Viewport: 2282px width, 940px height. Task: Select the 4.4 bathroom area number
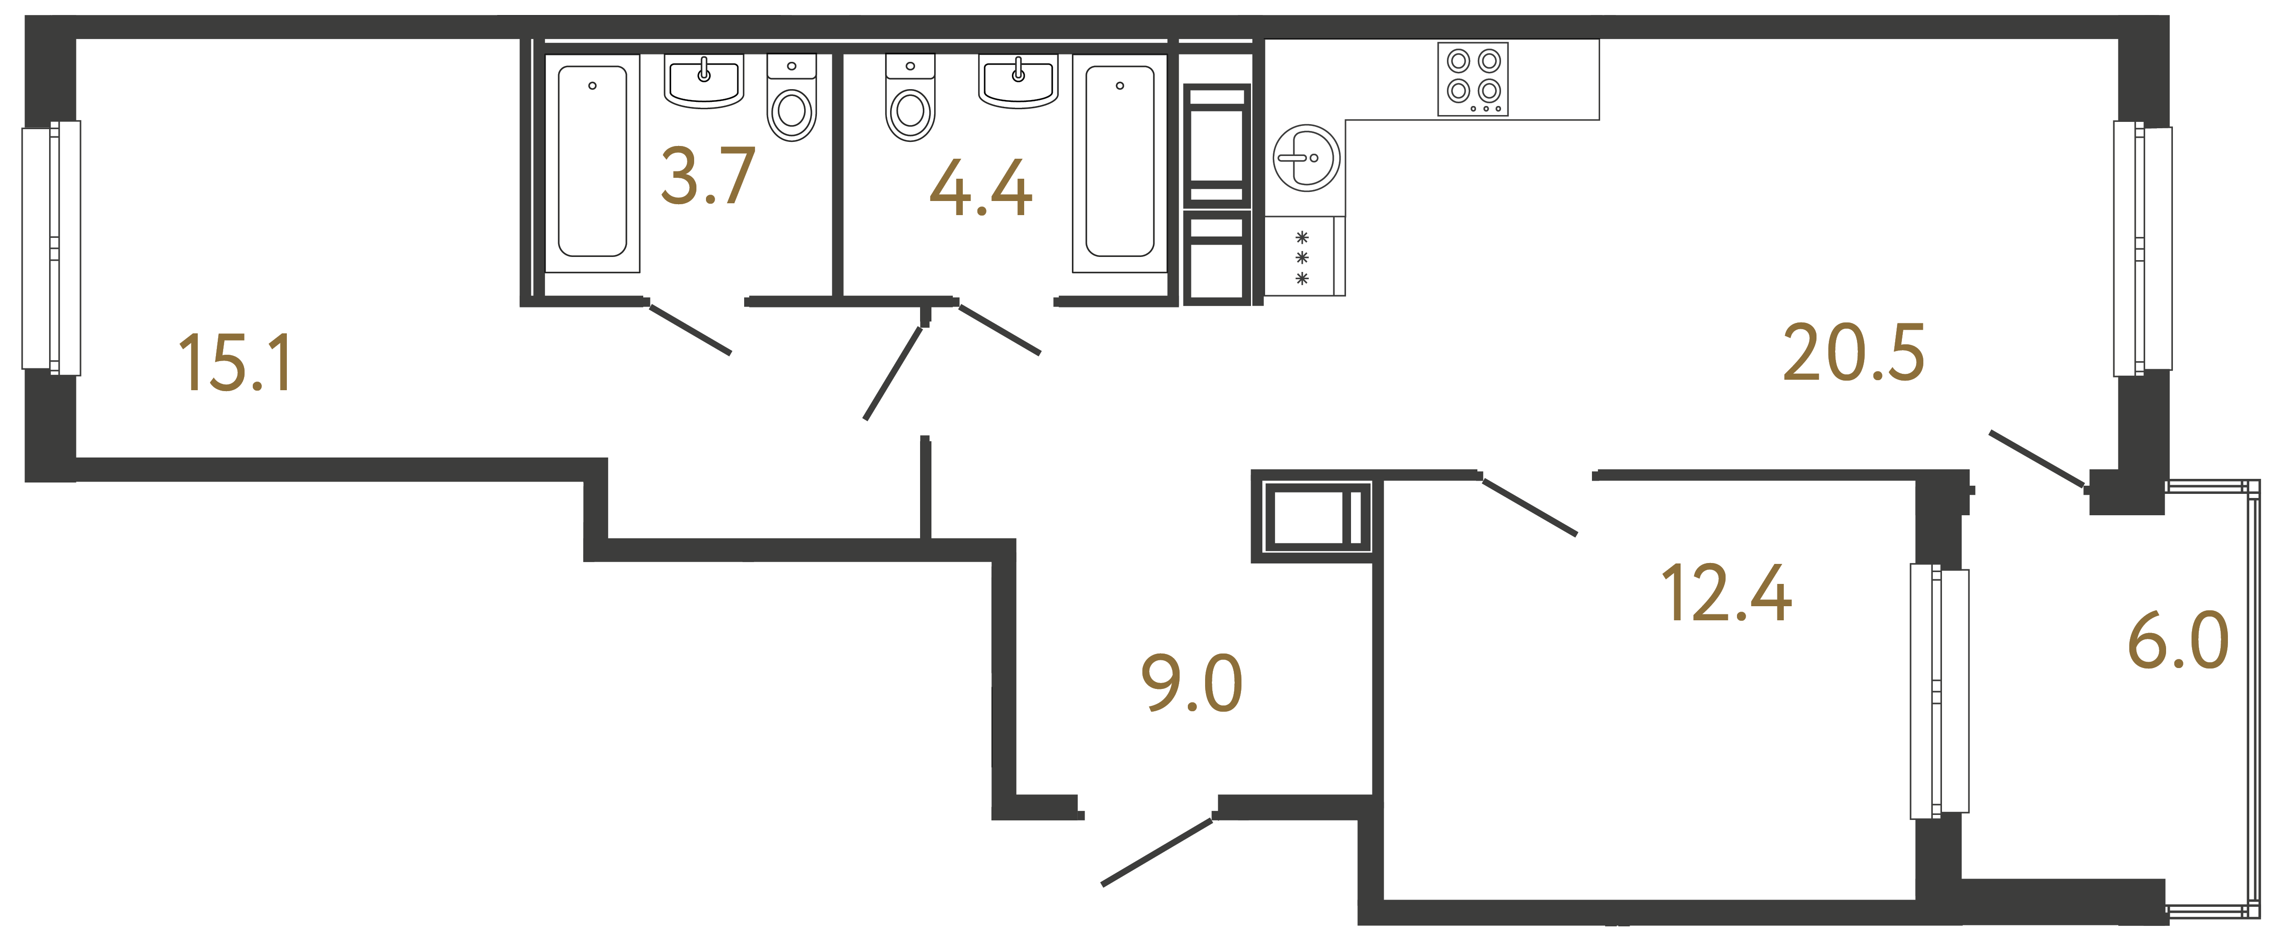coord(981,189)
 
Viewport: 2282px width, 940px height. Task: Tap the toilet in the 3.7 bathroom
coord(791,99)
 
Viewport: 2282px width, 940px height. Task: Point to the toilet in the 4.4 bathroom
coord(910,99)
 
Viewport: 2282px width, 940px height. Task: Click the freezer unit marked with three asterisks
coord(1302,257)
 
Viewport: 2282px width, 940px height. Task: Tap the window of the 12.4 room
coord(1939,691)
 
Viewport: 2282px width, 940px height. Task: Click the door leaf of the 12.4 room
coord(1530,507)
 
